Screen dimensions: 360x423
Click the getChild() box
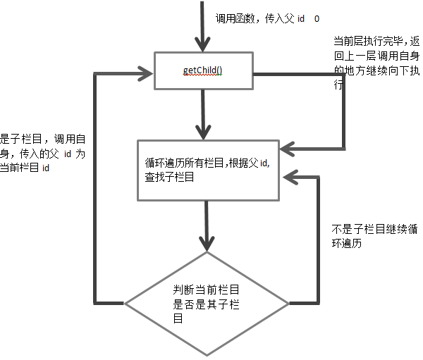[x=204, y=70]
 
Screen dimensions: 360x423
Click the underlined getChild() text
[x=204, y=70]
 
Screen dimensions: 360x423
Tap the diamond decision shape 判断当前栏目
[x=207, y=303]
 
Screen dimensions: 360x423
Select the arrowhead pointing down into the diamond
[x=206, y=242]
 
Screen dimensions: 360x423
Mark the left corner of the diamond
[x=125, y=304]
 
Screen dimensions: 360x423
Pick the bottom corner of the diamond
[x=207, y=355]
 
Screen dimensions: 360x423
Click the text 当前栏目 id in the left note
[x=26, y=167]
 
